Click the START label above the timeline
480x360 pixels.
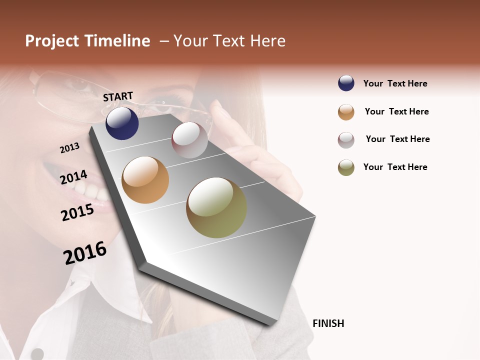click(x=118, y=96)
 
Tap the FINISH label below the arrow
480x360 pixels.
click(x=328, y=323)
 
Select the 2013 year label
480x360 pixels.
click(x=69, y=148)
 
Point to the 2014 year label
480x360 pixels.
click(x=73, y=177)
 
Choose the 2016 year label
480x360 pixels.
click(x=85, y=253)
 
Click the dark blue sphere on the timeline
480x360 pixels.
click(x=122, y=123)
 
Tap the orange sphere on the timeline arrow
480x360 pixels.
click(x=145, y=180)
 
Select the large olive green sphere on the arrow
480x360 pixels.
click(x=216, y=207)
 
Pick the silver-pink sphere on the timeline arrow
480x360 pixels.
click(x=189, y=140)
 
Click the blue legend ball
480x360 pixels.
click(x=346, y=83)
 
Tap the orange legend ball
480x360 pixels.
click(x=346, y=112)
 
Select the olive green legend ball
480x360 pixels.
click(x=346, y=167)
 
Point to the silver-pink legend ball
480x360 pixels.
click(x=346, y=140)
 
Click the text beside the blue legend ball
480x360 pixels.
click(x=395, y=83)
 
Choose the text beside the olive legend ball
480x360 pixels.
click(x=395, y=167)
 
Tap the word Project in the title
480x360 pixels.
click(x=51, y=41)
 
